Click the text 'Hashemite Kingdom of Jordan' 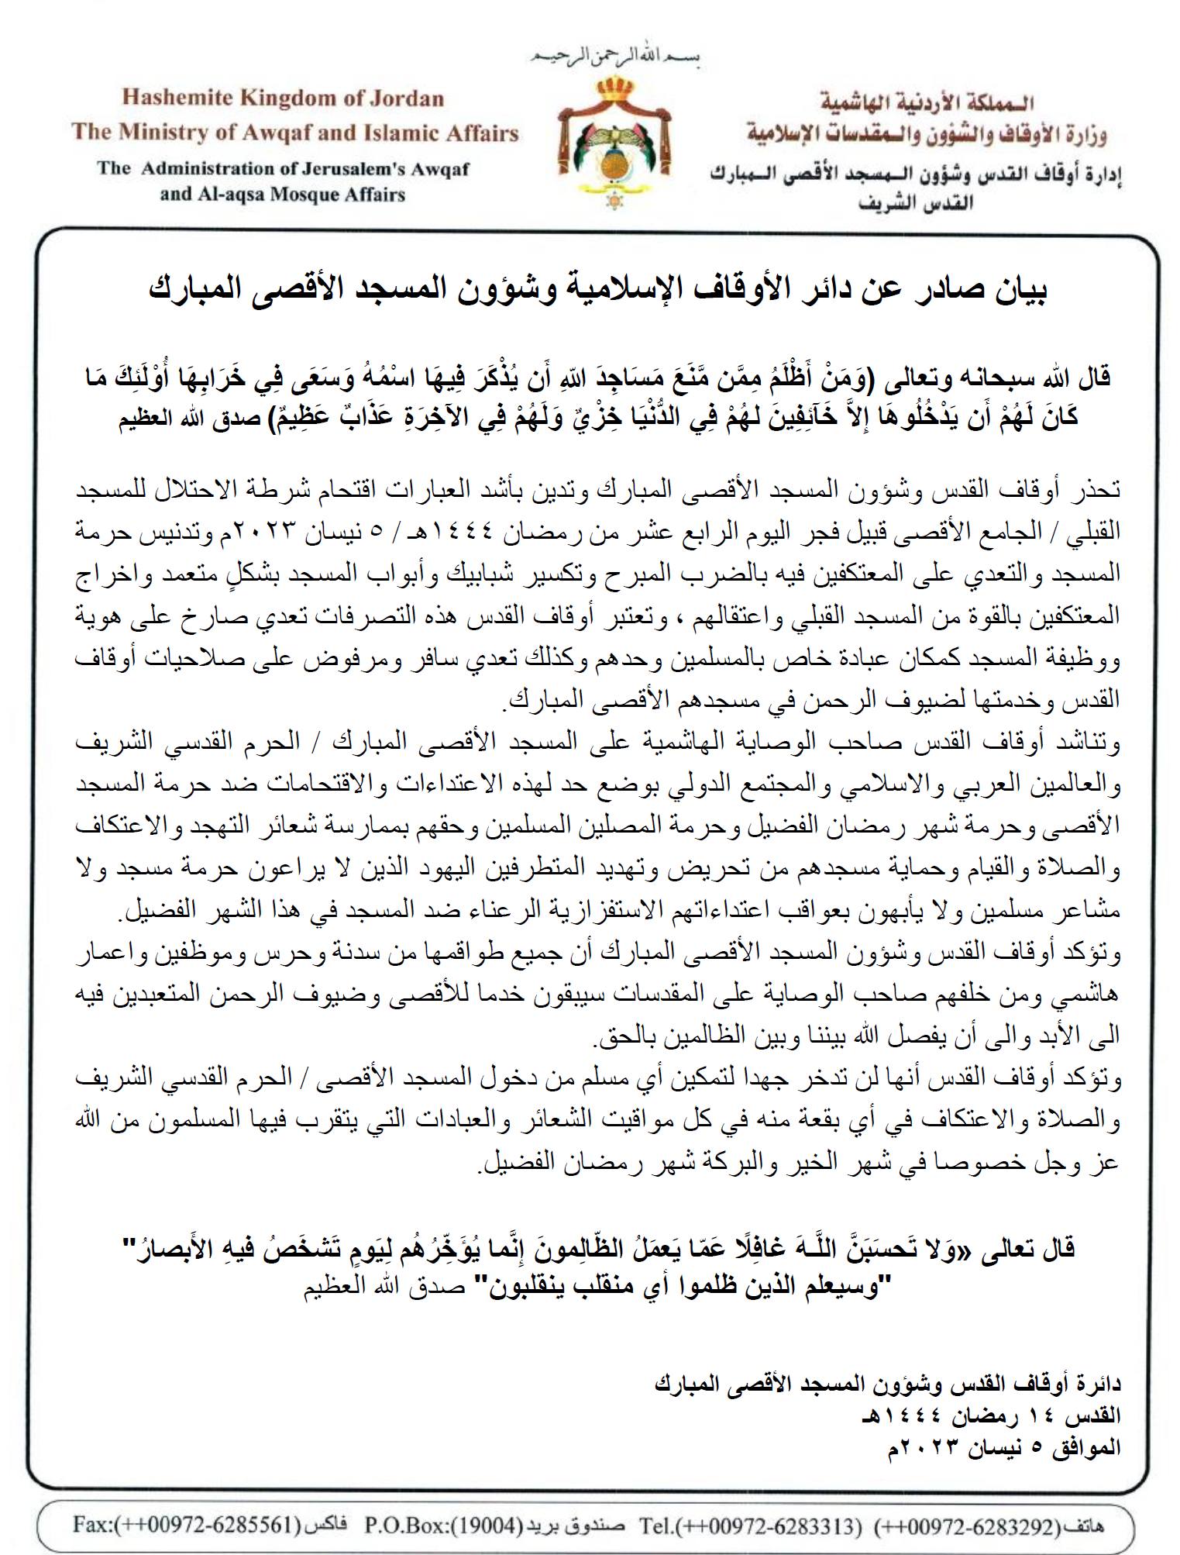click(283, 99)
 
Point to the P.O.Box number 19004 click(487, 1526)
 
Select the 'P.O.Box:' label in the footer click(401, 1526)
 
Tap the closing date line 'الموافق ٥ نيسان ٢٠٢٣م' click(1003, 1446)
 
